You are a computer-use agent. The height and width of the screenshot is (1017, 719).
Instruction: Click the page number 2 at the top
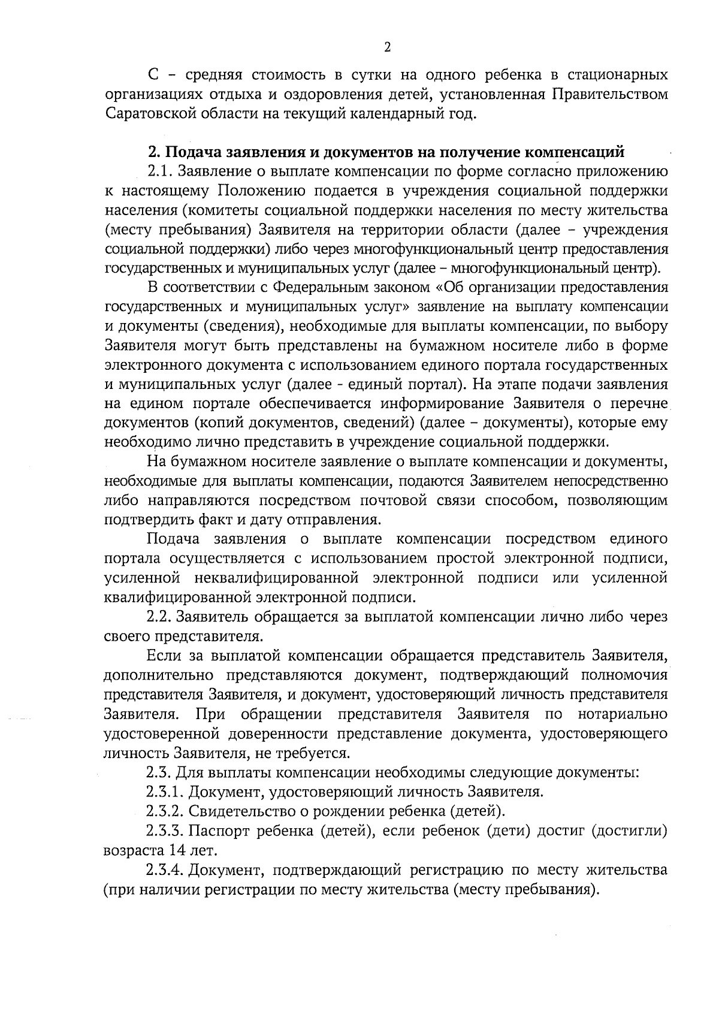click(x=387, y=47)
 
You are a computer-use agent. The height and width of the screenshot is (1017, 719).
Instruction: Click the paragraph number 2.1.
click(x=160, y=172)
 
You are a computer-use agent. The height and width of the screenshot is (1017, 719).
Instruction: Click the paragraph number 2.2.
click(x=160, y=617)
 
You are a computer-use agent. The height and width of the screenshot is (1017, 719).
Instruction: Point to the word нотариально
click(x=623, y=714)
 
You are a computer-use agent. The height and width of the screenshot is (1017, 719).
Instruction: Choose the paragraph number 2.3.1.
click(x=164, y=792)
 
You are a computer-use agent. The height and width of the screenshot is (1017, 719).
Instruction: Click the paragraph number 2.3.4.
click(x=164, y=870)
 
